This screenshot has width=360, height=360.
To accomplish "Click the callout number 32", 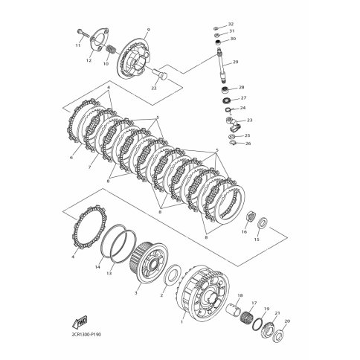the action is tap(231, 24).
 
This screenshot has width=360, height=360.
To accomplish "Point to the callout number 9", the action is tap(148, 30).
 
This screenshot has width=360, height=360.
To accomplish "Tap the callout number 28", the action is tap(242, 87).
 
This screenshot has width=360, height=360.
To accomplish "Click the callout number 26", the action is tap(248, 144).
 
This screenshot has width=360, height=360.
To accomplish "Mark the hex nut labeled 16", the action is tap(251, 218).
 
